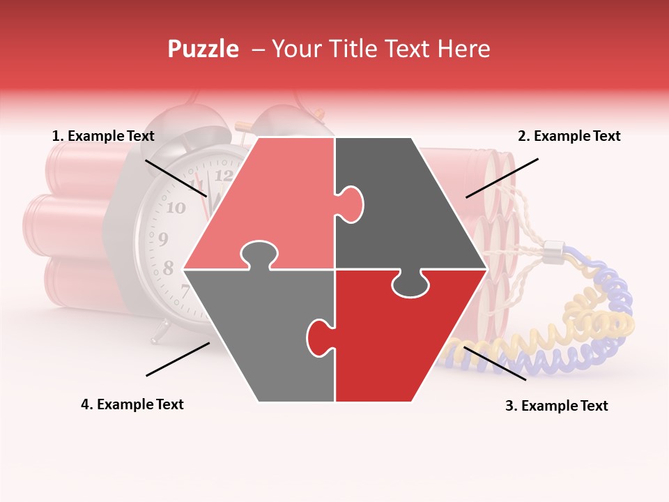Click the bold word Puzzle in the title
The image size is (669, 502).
point(203,49)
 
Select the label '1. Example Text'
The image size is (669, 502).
point(103,136)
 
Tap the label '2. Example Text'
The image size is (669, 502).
point(569,136)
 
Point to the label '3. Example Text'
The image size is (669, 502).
point(556,406)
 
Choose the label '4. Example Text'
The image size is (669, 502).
point(132,404)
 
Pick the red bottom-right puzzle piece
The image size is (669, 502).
point(404,335)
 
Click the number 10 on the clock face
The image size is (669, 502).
point(176,207)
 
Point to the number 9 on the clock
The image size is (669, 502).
point(163,238)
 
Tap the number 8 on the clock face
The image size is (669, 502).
point(168,268)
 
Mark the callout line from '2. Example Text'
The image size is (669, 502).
point(502,178)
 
